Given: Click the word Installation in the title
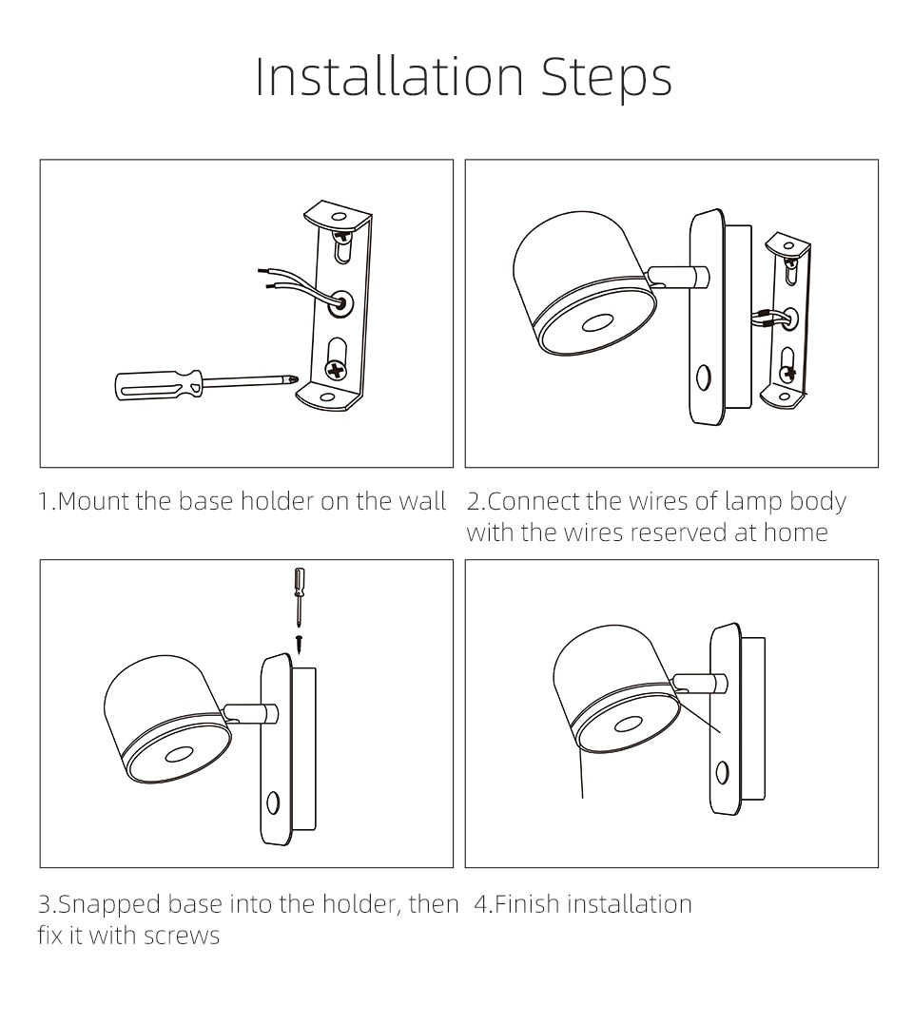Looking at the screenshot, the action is [x=389, y=76].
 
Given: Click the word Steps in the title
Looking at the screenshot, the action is [x=607, y=78].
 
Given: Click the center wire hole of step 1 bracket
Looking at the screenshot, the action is [x=340, y=304].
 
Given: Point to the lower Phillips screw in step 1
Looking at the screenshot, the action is [x=336, y=371].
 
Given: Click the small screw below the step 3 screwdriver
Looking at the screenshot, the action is [x=299, y=644].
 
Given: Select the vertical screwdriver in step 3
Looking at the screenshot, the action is [x=299, y=596].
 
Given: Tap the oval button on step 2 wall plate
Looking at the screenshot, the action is [x=703, y=377].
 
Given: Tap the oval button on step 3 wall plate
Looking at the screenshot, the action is [x=273, y=802].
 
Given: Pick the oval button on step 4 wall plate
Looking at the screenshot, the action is [x=722, y=772].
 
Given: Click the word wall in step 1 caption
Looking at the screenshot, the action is [x=422, y=501].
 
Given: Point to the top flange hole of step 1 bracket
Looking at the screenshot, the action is [x=339, y=217].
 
